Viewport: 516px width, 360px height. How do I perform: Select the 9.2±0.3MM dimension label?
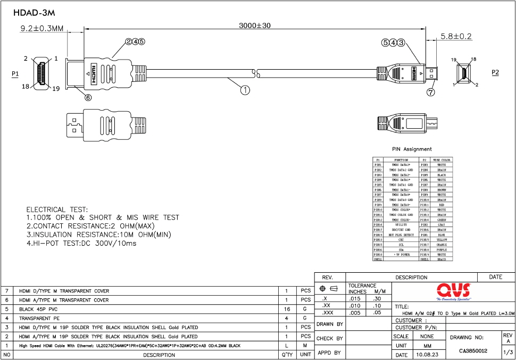click(x=42, y=28)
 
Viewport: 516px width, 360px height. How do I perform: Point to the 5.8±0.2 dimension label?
click(x=456, y=36)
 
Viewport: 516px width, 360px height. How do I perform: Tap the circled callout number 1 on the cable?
click(x=245, y=90)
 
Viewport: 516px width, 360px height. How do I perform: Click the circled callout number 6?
click(x=88, y=97)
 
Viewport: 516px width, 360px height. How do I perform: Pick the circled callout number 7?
click(x=431, y=91)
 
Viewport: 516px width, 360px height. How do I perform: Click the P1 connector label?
click(x=15, y=73)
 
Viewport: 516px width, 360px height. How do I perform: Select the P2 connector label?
click(x=495, y=72)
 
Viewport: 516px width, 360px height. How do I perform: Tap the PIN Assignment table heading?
click(x=412, y=149)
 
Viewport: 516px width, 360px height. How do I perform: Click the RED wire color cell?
click(x=442, y=205)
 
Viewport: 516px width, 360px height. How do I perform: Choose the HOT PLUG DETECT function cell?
click(x=401, y=235)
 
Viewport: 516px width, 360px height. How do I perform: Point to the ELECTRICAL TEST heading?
click(x=57, y=210)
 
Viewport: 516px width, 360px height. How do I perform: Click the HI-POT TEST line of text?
click(x=81, y=243)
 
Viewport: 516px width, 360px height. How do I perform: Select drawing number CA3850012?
click(x=473, y=351)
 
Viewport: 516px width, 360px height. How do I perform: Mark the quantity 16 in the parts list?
click(x=286, y=309)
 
